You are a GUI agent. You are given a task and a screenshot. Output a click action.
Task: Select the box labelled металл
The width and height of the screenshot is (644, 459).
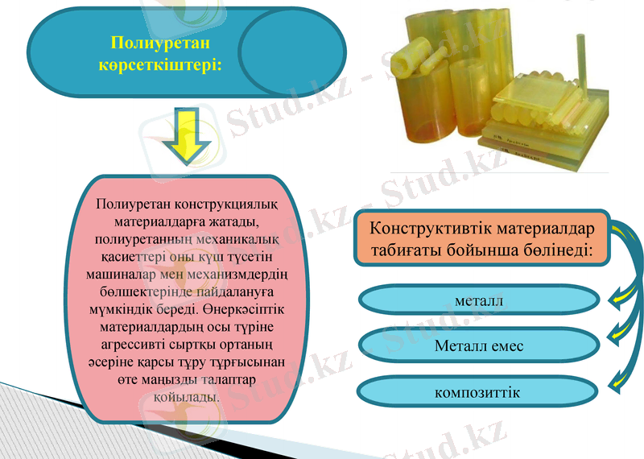click(478, 301)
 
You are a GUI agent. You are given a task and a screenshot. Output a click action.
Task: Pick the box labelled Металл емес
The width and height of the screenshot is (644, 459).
click(478, 346)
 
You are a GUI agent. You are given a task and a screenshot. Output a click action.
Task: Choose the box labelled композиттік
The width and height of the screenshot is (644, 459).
click(478, 392)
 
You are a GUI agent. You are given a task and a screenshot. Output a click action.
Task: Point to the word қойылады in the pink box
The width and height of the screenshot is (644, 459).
click(184, 398)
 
